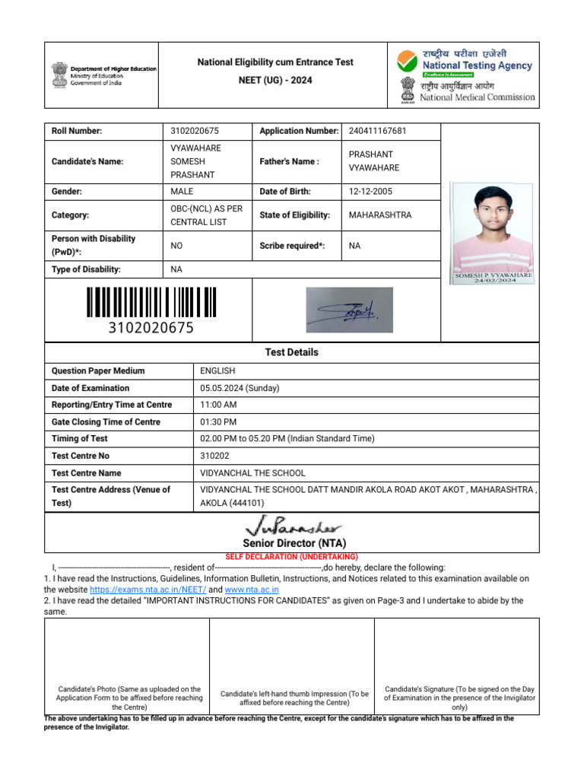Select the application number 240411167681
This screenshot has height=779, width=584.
click(377, 131)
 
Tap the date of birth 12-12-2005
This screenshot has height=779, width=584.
click(370, 192)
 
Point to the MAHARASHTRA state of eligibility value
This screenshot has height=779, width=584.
click(379, 215)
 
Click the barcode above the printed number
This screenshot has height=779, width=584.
click(151, 302)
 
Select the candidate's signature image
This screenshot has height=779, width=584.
click(349, 310)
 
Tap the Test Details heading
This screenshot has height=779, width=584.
click(291, 352)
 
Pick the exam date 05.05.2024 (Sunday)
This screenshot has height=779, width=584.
click(240, 388)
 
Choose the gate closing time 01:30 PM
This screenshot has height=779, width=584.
click(218, 421)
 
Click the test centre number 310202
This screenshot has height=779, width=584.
click(216, 456)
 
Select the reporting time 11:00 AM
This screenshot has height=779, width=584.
click(218, 405)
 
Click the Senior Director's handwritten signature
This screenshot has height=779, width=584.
click(294, 526)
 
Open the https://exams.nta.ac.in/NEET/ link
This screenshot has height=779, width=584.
click(148, 590)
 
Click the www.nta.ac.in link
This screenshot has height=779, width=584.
click(252, 590)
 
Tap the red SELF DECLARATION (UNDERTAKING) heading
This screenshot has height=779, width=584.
click(291, 557)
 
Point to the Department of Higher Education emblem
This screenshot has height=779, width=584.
click(59, 75)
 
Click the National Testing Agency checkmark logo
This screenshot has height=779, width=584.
click(408, 61)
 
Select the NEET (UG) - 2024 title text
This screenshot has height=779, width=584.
click(275, 81)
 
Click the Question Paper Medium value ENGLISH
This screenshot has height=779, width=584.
click(217, 371)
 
